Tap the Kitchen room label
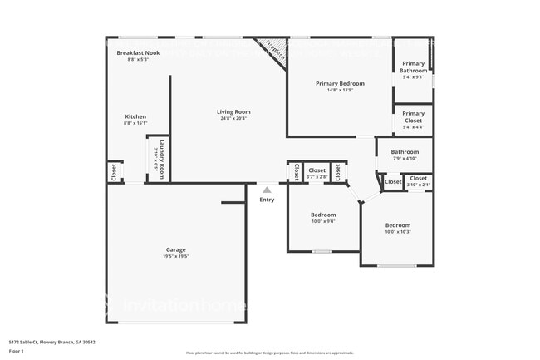coord(135,116)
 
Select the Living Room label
coord(233,111)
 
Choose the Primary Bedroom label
coord(341,83)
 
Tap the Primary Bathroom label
coord(414,67)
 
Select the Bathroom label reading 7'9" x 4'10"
coord(405,152)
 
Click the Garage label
coord(175,249)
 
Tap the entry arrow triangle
coord(267,190)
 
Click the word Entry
coord(267,200)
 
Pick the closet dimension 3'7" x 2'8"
coord(317,176)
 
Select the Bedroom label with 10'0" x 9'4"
coord(323,215)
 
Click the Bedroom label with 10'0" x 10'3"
coord(397,225)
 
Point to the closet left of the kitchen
coord(113,172)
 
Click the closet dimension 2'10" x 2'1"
coord(418,185)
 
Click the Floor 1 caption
coord(17,350)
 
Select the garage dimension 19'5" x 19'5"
coord(175,256)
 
